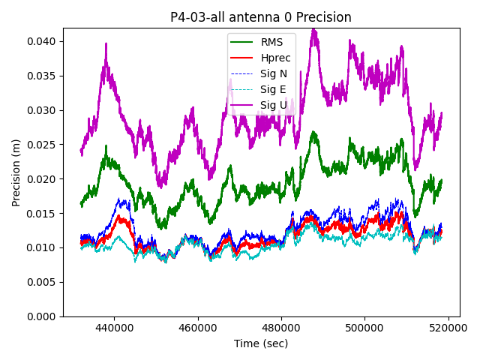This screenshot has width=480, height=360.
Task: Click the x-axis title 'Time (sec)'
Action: (x=260, y=343)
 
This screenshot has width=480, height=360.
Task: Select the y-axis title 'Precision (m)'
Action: (x=16, y=172)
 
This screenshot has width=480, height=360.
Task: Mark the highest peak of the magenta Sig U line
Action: (x=313, y=30)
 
